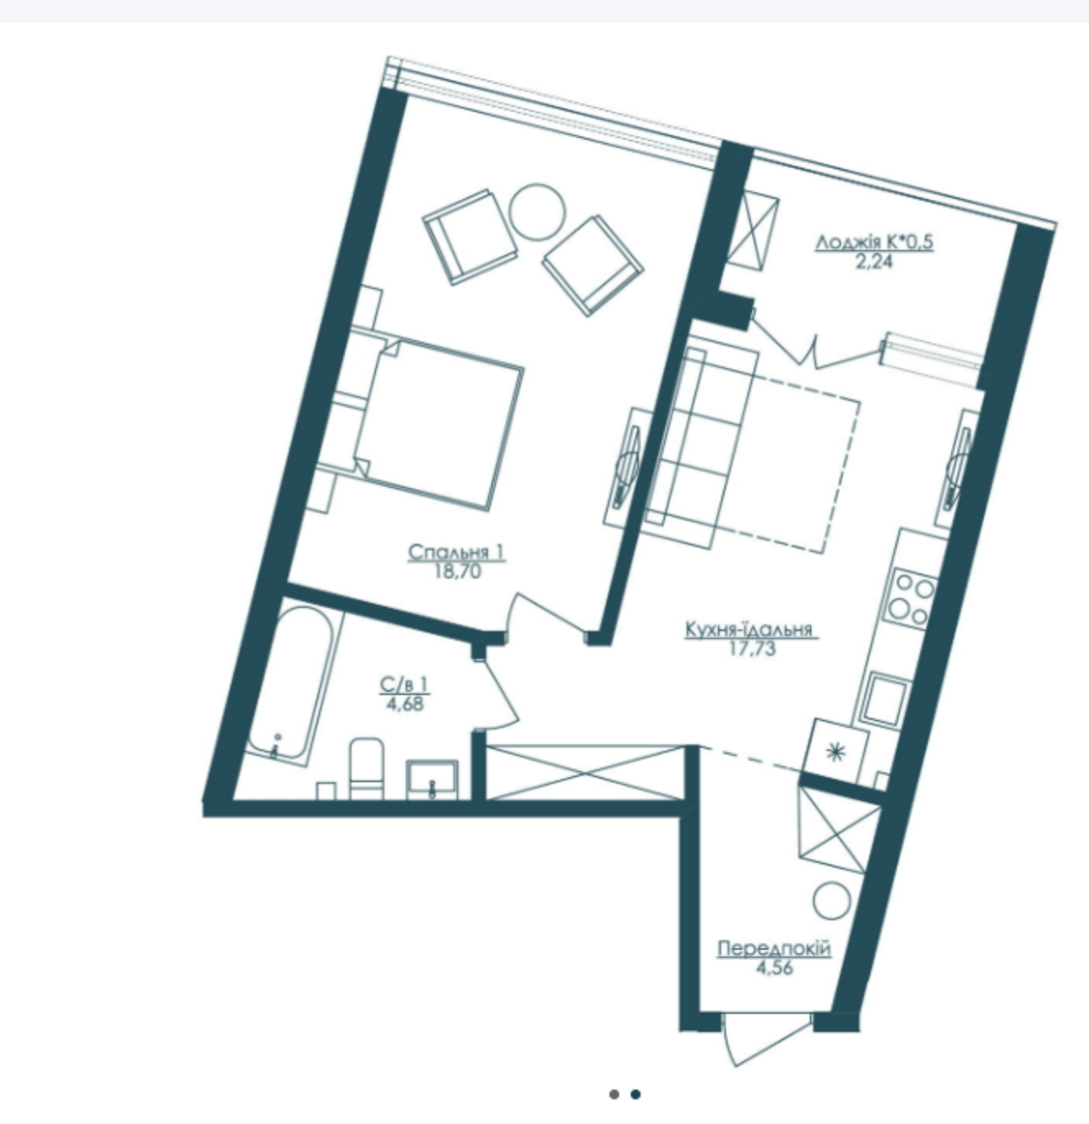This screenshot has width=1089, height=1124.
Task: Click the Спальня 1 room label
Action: [x=456, y=553]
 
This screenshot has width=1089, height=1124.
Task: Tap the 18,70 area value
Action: [x=457, y=572]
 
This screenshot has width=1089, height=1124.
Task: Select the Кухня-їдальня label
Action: [x=749, y=629]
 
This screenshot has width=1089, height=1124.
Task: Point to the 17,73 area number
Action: [x=753, y=648]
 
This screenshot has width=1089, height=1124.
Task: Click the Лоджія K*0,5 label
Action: [x=874, y=242]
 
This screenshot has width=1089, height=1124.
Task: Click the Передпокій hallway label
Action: [x=774, y=949]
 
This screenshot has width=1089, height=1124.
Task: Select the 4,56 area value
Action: [x=774, y=968]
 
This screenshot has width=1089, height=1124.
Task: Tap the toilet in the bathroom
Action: [x=367, y=768]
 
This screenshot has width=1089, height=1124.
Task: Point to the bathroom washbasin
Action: [x=433, y=780]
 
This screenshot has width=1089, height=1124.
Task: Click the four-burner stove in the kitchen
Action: [x=910, y=599]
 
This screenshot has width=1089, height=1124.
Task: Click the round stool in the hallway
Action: [x=833, y=900]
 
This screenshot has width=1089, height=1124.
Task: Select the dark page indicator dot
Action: [x=635, y=1094]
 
